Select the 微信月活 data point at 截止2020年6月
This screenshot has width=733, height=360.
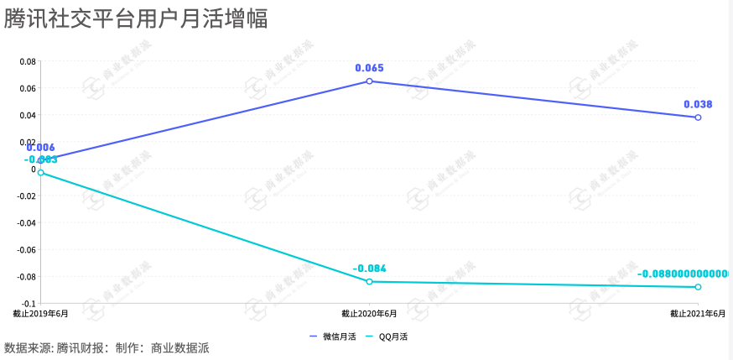(x=369, y=81)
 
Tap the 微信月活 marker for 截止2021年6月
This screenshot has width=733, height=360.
(x=698, y=117)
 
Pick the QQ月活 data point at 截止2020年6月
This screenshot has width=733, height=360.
(x=369, y=282)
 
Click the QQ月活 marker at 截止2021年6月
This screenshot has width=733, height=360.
(x=698, y=287)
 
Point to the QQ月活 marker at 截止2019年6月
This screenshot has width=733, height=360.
(x=40, y=173)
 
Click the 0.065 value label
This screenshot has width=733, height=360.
(x=369, y=68)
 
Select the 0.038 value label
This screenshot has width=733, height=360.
(x=698, y=104)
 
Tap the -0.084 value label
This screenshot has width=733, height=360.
(x=369, y=269)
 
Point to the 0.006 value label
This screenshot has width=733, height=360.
(x=40, y=148)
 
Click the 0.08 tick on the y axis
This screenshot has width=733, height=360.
(x=27, y=61)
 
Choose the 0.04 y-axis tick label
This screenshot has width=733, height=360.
(x=27, y=115)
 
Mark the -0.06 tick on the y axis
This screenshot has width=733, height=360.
(x=25, y=249)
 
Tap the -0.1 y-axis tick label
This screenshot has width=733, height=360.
(x=27, y=303)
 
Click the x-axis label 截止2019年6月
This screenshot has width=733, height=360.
(x=40, y=313)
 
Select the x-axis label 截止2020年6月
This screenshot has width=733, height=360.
(x=369, y=313)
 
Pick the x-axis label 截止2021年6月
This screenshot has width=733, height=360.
(x=698, y=313)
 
